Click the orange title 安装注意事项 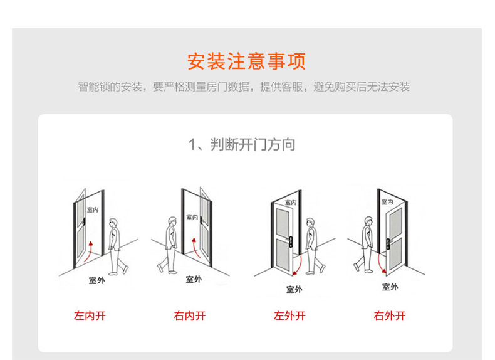[x=247, y=61]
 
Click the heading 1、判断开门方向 [x=242, y=145]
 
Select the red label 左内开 [x=90, y=316]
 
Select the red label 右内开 [x=189, y=316]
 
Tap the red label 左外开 [x=289, y=316]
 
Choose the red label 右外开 [x=390, y=316]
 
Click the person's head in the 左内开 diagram [x=113, y=223]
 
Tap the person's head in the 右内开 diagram [x=172, y=222]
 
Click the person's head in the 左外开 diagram [x=310, y=223]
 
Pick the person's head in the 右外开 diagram [x=368, y=221]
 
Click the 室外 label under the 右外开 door [x=390, y=287]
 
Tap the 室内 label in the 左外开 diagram [x=290, y=203]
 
